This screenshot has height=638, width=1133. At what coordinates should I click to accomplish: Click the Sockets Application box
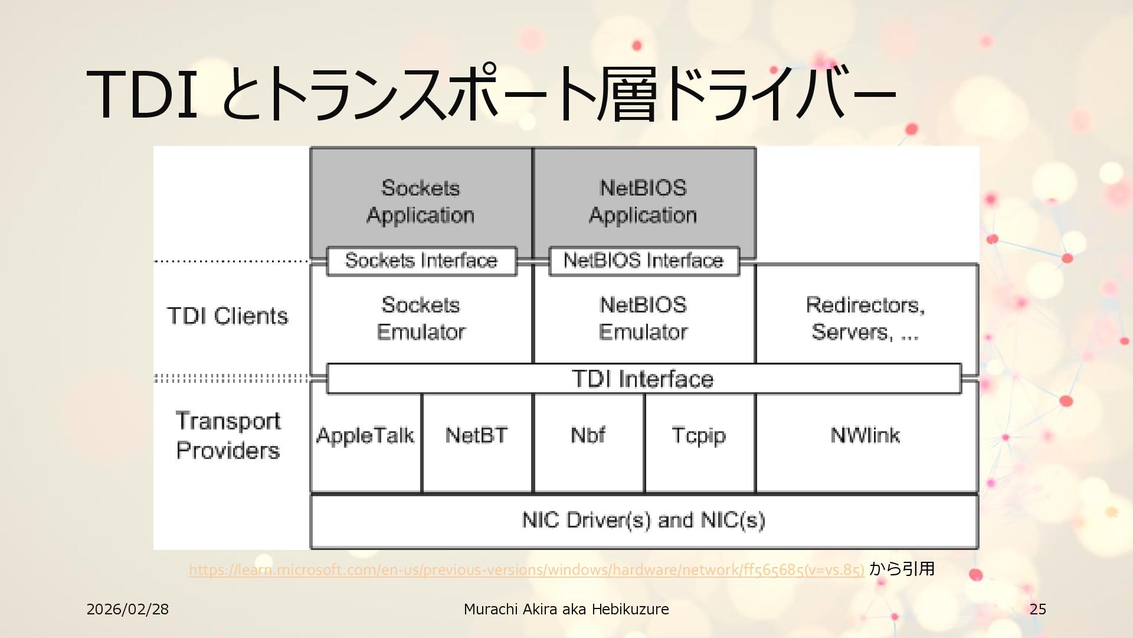click(421, 201)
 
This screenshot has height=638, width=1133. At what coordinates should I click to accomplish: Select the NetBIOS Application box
click(643, 201)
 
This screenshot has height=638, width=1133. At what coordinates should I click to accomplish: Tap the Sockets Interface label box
click(421, 261)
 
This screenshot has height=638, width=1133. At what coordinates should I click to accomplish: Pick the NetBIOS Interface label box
click(644, 261)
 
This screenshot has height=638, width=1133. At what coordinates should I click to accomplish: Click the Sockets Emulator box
click(421, 319)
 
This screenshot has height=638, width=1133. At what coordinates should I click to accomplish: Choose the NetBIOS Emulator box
click(643, 319)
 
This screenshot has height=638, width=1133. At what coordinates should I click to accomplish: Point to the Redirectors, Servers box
click(866, 319)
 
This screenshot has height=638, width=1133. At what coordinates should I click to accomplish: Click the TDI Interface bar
click(643, 379)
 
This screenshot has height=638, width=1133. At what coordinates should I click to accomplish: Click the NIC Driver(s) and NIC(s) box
click(643, 520)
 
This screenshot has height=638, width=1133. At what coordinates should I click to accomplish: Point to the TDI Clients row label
click(228, 316)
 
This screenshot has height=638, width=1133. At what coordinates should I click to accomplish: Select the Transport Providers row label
click(228, 436)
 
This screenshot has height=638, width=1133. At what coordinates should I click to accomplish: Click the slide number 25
click(1038, 609)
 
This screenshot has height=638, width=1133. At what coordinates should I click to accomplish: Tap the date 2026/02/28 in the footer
click(127, 609)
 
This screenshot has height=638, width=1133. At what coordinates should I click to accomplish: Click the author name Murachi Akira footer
click(566, 609)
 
